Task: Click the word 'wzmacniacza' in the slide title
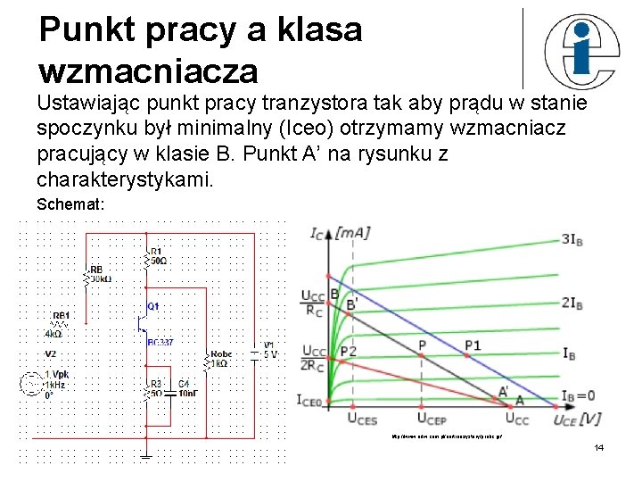148,69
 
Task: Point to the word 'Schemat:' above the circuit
70,204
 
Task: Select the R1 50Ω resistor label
158,256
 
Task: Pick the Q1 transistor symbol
144,320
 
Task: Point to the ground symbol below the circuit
146,457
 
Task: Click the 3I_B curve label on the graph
572,238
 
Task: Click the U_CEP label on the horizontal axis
432,417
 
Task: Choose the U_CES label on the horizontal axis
363,417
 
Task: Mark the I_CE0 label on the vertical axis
309,401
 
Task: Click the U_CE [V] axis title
576,417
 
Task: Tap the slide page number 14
598,446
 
